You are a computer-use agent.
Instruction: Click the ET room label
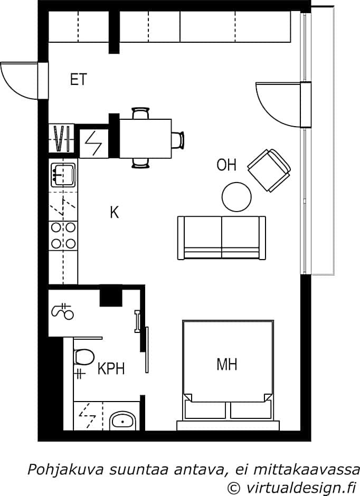pos(79,79)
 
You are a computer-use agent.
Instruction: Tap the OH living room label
pos(226,165)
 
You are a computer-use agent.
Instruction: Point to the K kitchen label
pos(114,212)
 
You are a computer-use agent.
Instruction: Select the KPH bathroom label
pos(111,368)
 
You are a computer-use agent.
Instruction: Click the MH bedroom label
pos(227,365)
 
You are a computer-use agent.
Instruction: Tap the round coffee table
pos(236,197)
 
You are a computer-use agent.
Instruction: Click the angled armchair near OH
pos(269,170)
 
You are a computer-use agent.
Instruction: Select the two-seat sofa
pos(222,238)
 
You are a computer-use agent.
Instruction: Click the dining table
pos(145,139)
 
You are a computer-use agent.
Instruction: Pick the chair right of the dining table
pos(178,139)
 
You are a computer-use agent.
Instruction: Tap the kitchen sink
pos(63,174)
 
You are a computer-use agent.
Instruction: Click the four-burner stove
pos(63,235)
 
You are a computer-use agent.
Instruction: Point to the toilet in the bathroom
pos(84,357)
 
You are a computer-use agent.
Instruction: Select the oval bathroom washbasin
pos(123,421)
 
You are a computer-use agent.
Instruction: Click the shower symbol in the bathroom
pos(63,312)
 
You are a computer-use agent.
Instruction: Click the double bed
pos(228,375)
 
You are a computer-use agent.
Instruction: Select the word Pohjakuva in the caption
pos(65,470)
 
